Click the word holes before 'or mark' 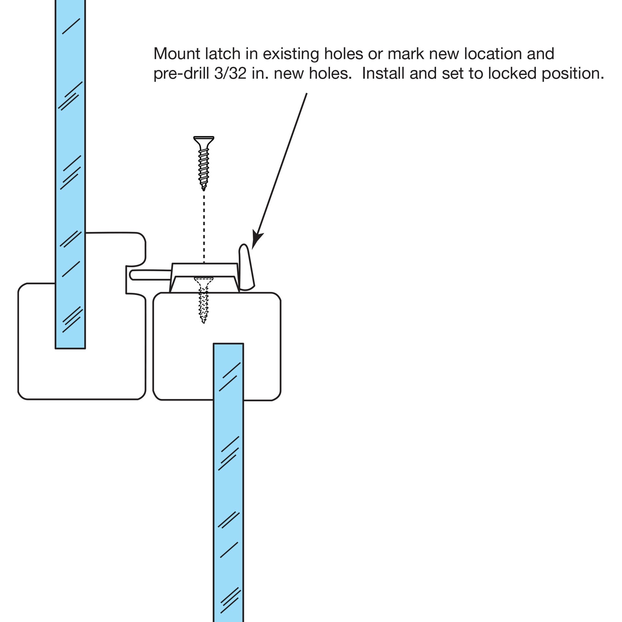click(x=344, y=54)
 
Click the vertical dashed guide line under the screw click(x=204, y=227)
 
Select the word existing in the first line click(x=291, y=54)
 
